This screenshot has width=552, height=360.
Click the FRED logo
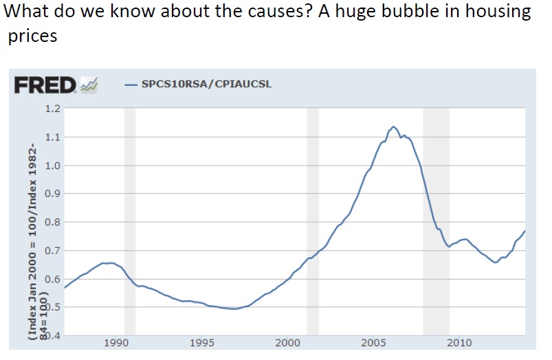45,85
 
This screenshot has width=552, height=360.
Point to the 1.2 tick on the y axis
52,109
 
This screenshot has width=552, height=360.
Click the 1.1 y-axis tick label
52,137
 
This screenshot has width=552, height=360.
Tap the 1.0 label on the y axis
52,166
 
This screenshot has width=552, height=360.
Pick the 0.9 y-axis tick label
52,194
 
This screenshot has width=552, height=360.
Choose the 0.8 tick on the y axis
52,223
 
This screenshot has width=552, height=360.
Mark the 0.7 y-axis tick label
52,251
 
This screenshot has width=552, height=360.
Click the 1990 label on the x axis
117,343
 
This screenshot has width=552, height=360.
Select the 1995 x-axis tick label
203,343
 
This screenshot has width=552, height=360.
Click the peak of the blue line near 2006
393,127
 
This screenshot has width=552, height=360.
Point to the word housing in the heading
488,12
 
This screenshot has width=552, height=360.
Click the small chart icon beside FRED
89,85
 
